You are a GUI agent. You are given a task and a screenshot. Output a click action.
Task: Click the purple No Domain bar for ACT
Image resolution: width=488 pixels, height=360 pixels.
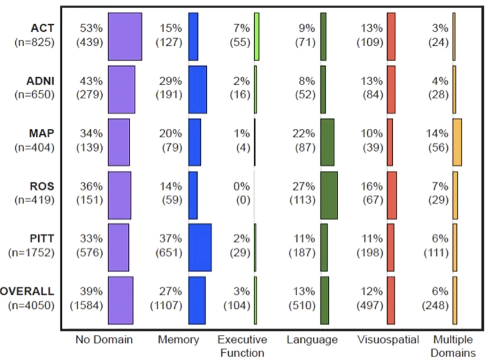coord(125,36)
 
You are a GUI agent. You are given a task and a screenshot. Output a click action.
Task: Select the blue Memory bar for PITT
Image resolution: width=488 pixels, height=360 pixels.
coord(200,247)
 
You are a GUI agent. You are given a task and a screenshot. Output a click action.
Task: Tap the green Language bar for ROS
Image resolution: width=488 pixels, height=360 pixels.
coord(329,195)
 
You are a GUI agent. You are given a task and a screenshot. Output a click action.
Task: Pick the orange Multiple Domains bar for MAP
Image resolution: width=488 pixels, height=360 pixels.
coord(457,142)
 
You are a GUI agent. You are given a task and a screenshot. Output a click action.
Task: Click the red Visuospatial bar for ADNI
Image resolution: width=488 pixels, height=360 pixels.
coord(391,90)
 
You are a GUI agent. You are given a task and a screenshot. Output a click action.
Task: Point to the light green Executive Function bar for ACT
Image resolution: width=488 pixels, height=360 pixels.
coord(256,36)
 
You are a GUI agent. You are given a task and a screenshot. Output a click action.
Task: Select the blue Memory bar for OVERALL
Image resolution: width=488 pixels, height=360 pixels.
coord(197,300)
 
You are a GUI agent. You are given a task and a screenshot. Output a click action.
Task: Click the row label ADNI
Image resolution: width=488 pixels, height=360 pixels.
coord(40,81)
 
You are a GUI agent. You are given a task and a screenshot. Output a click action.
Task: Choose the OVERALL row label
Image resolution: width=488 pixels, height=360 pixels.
coord(27,291)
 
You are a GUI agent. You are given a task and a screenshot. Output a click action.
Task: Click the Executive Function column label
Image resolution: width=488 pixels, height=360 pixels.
coord(242,346)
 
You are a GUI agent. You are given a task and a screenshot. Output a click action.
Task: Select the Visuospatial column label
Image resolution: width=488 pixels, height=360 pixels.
coord(388,340)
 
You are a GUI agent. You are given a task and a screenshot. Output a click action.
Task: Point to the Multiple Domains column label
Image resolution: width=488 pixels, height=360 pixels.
coord(453,346)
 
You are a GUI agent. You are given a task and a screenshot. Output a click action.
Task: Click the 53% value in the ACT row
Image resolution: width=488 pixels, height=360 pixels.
coord(91,28)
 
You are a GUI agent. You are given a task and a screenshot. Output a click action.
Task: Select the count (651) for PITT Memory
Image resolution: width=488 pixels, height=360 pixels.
coord(169,253)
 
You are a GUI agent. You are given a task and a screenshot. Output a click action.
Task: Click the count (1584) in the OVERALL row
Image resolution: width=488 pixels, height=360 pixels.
coord(87,306)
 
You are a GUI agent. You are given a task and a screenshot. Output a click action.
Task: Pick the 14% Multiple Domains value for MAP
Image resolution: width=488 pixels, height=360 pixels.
coord(437,134)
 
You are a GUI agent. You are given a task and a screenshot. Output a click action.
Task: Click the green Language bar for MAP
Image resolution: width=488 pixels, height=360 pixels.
coord(327,142)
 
